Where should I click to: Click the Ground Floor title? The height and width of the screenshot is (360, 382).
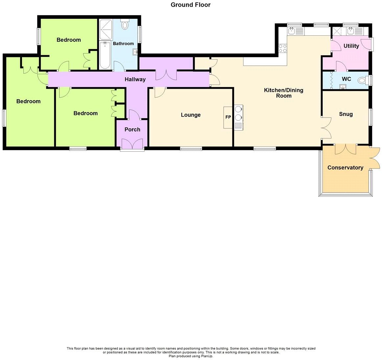point(191,5)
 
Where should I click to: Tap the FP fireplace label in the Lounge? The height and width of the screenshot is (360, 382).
point(228,117)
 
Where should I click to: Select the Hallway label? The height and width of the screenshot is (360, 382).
point(135,79)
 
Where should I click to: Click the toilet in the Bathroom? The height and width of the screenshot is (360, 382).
point(125,24)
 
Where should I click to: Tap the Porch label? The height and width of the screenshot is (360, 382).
point(132,130)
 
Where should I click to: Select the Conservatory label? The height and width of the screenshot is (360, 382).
point(345,168)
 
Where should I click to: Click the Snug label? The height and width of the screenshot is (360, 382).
point(346,114)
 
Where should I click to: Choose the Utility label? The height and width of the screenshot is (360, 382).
point(351,46)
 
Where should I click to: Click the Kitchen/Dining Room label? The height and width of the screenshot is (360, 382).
point(283,93)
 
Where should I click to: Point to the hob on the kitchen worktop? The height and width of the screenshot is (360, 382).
point(282,48)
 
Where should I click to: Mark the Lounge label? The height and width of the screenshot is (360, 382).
point(191,115)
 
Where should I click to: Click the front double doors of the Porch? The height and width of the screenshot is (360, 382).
point(132,145)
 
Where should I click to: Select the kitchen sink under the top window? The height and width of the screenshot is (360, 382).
point(291,31)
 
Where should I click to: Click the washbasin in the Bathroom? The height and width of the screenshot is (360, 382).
point(135,52)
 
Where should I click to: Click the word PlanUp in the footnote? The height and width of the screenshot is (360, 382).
point(207,356)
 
